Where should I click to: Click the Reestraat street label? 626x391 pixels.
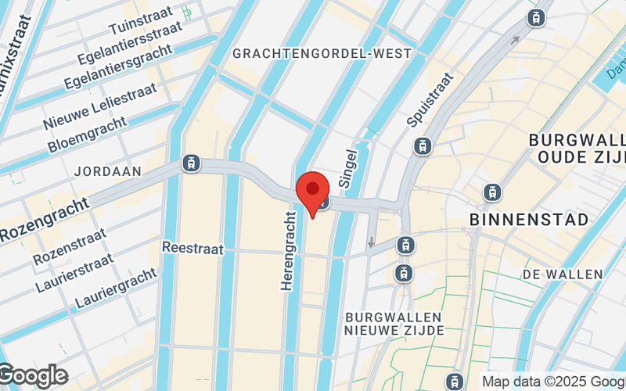pos(192,248)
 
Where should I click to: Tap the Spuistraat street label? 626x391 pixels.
pos(430,99)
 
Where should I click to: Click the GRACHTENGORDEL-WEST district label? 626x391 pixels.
pos(322,54)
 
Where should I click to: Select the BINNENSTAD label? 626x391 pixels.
pos(529,221)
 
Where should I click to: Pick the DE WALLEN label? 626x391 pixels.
pos(563,274)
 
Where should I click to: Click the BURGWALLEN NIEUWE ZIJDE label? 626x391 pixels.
pos(394,324)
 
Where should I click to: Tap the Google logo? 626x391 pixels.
pos(33,376)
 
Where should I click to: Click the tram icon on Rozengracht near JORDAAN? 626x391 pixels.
pos(190,163)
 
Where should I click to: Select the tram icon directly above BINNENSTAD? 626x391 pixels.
pos(492,191)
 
